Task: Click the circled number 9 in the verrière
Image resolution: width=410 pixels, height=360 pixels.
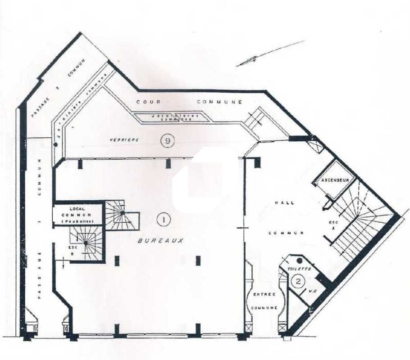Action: [x=168, y=141]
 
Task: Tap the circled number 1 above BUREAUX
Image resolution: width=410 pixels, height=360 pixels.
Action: [x=163, y=220]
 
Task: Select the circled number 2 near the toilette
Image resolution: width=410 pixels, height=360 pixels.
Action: [x=298, y=282]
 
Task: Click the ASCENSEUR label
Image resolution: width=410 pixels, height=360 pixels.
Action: [x=335, y=180]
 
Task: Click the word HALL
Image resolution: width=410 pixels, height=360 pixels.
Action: [x=284, y=203]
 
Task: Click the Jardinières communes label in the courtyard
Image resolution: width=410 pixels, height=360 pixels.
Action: [x=175, y=117]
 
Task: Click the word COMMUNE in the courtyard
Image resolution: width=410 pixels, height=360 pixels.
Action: [x=219, y=102]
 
